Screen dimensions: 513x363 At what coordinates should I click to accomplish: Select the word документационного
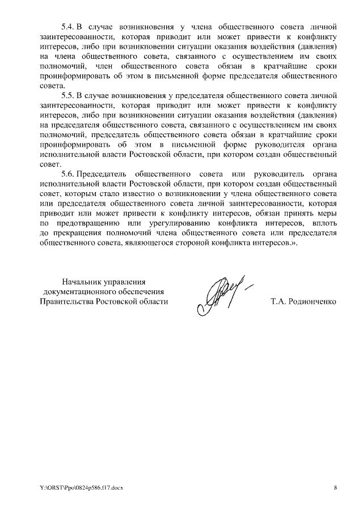pyautogui.click(x=76, y=291)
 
